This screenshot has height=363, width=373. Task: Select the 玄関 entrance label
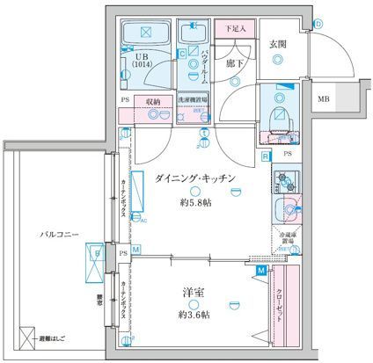click(x=278, y=43)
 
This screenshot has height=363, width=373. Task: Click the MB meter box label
click(x=324, y=100)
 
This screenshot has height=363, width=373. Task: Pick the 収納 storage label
click(x=153, y=100)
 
